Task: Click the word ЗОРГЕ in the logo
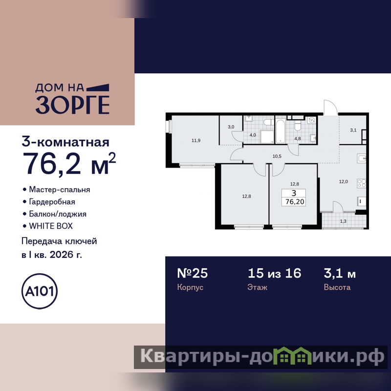72,105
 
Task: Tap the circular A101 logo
40,291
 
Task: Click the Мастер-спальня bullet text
59,190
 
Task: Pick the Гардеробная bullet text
52,202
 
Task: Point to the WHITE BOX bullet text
51,226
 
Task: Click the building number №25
192,273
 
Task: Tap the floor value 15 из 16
274,273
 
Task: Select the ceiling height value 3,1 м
340,274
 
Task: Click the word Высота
337,287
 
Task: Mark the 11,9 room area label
196,140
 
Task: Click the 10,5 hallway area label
277,156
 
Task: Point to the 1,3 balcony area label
343,221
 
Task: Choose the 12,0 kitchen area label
344,181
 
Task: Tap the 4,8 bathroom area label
298,139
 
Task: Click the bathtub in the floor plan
280,131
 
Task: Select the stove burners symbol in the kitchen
362,183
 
